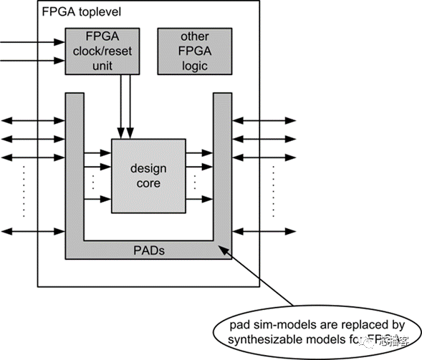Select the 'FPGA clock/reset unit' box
(102, 51)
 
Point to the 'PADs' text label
(149, 251)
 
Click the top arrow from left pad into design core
(97, 152)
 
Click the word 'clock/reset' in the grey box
(101, 51)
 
